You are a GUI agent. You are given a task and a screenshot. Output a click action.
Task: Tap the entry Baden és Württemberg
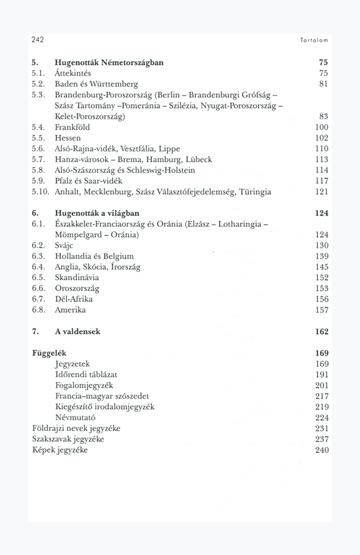(96, 84)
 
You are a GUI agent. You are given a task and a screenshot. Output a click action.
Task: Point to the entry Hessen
(68, 138)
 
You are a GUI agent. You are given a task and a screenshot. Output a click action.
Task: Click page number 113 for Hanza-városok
(322, 160)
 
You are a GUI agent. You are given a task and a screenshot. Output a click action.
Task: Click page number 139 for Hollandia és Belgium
(322, 256)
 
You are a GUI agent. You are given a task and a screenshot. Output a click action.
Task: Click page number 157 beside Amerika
(322, 310)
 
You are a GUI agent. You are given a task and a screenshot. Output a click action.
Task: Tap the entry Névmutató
(75, 418)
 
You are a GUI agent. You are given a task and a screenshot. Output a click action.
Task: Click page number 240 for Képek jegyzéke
(322, 450)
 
